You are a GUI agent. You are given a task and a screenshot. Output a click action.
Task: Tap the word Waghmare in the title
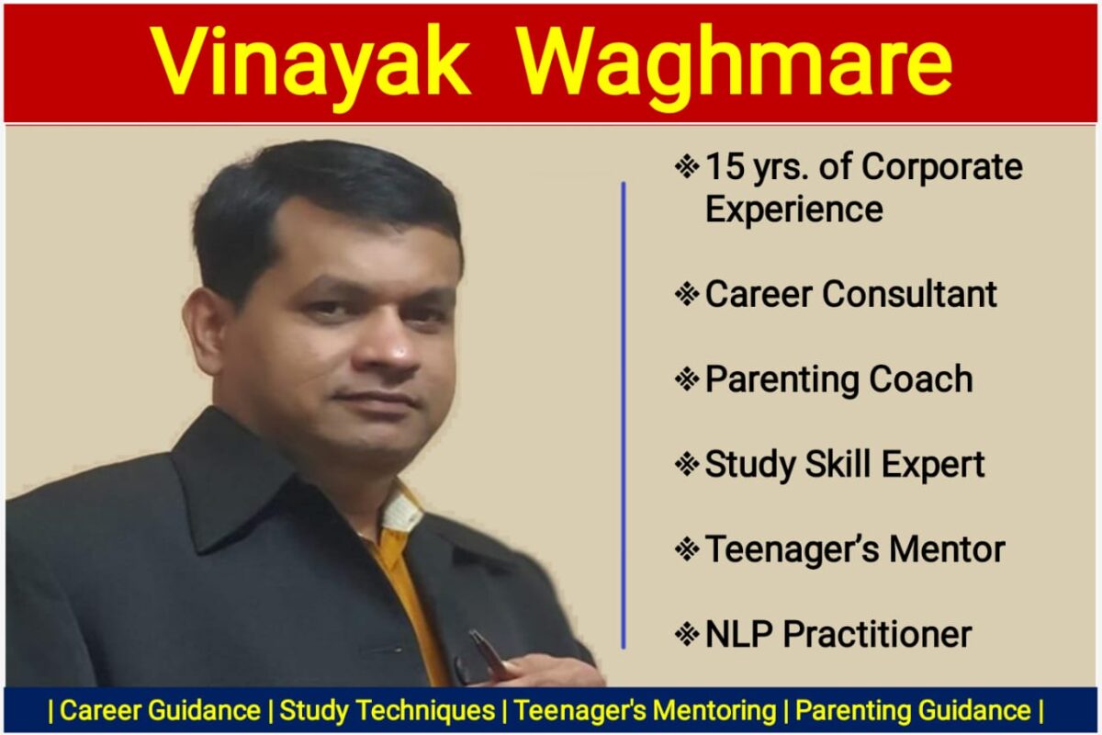[735, 64]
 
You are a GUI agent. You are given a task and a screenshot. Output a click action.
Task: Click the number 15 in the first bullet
[725, 167]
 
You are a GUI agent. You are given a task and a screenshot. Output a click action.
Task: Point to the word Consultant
[910, 294]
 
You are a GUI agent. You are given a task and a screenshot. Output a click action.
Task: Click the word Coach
[921, 379]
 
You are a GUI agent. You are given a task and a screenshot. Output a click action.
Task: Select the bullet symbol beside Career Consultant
[687, 294]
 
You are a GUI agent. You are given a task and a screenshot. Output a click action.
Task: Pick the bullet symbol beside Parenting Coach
[687, 379]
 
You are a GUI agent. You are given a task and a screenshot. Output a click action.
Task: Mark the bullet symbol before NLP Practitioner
[687, 634]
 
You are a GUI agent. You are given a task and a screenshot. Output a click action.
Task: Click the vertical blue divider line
[624, 415]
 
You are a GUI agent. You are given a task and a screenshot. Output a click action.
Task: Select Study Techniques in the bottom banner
[388, 710]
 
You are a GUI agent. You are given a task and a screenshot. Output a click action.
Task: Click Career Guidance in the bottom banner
[160, 710]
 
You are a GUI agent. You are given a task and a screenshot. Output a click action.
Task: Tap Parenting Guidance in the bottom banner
[913, 710]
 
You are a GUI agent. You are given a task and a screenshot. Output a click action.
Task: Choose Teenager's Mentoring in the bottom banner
[645, 710]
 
